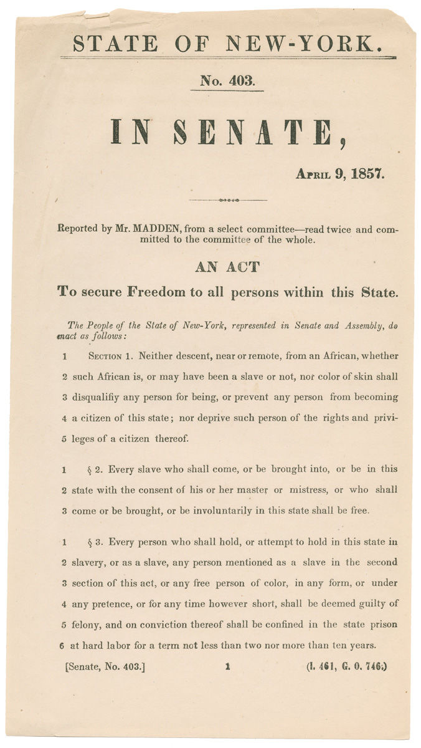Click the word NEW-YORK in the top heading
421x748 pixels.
[x=321, y=44]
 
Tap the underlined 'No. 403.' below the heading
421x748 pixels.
[x=227, y=80]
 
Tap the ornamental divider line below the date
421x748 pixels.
[x=227, y=200]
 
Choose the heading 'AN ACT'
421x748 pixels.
[x=227, y=267]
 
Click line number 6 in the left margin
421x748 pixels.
[x=64, y=645]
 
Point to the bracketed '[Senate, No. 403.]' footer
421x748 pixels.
[x=105, y=666]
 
